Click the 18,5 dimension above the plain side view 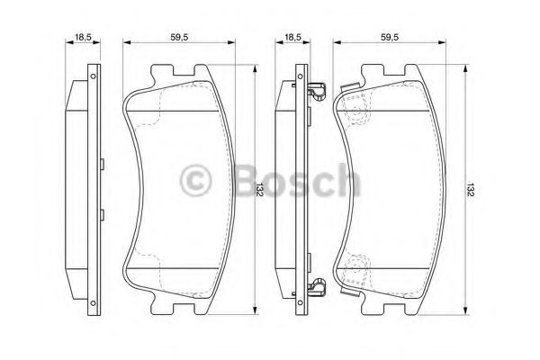83,37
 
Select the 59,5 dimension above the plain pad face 179,37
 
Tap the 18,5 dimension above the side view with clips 292,37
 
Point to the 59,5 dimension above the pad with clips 390,37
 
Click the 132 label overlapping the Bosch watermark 259,190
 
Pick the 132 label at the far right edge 471,190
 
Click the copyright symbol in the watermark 195,180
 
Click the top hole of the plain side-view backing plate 93,76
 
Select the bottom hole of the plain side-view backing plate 93,303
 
